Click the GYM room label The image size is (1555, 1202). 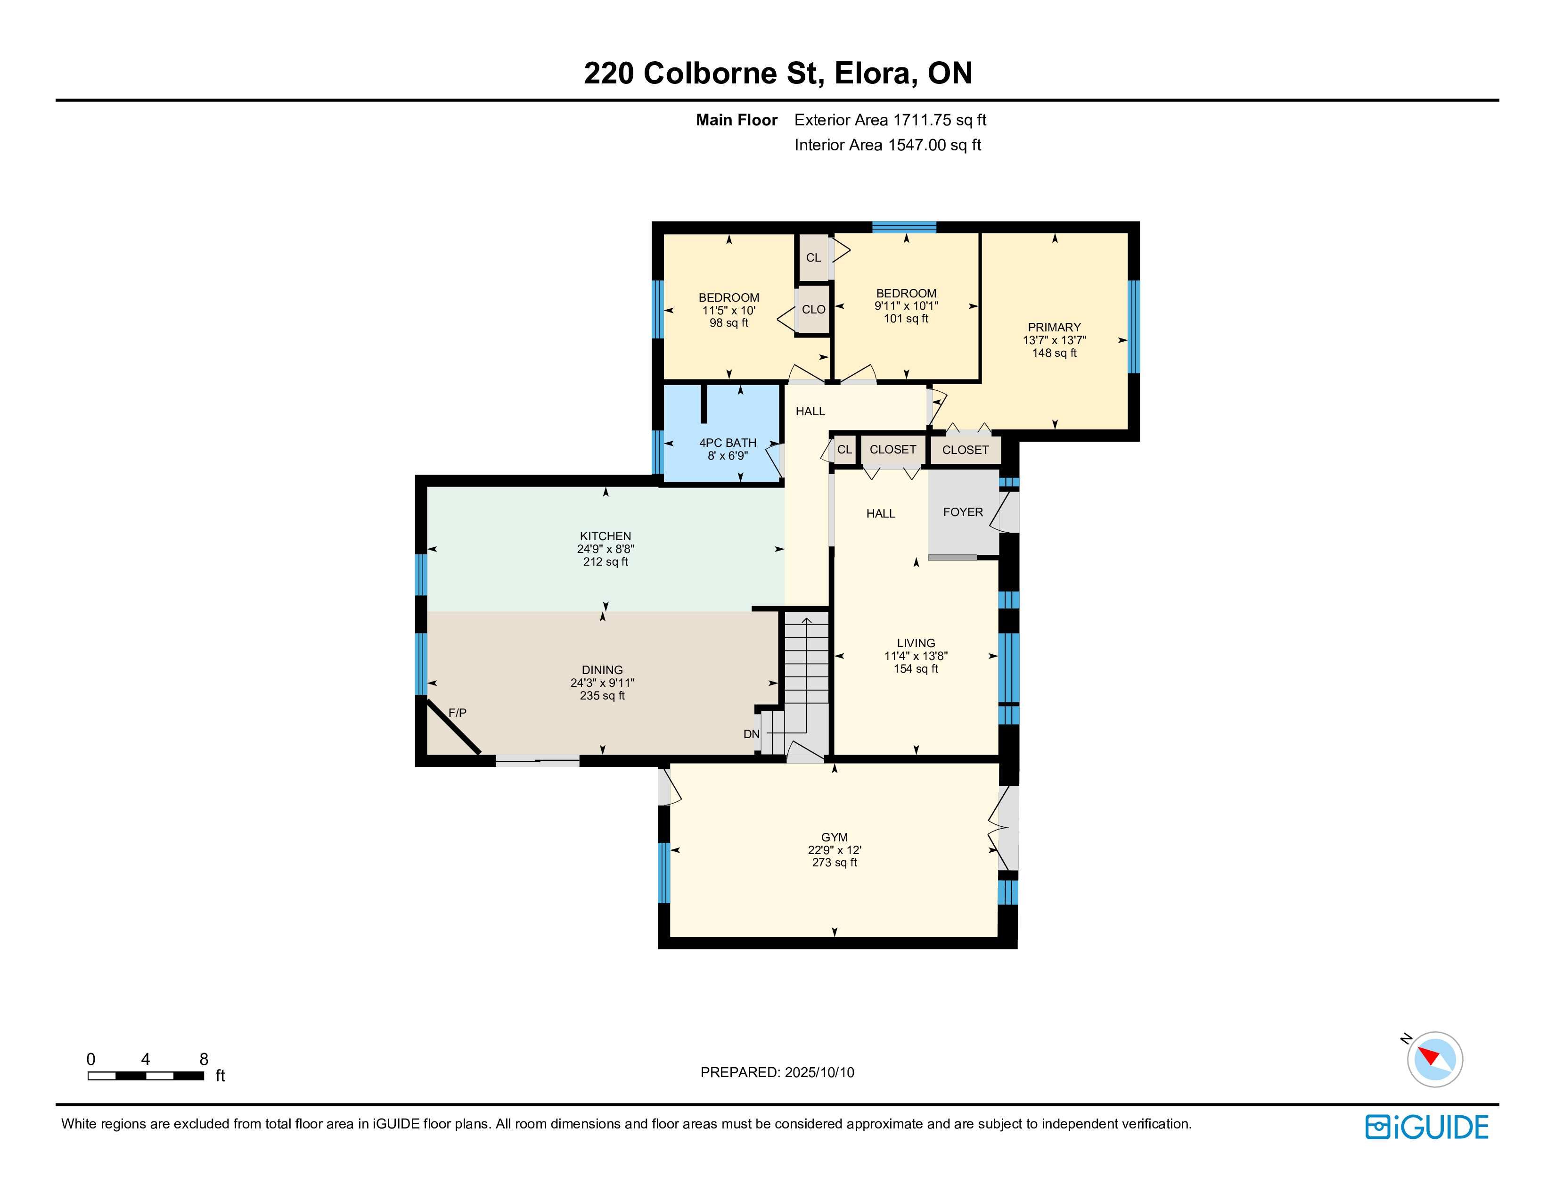[835, 838]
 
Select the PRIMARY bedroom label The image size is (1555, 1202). [1055, 328]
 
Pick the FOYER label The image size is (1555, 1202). [963, 512]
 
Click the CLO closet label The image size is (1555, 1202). [814, 309]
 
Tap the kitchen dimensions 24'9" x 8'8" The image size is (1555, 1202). [605, 549]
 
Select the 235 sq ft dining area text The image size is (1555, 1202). [602, 696]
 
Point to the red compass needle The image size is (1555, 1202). [1429, 1055]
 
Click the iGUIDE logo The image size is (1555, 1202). [1427, 1127]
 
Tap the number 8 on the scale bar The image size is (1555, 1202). [204, 1059]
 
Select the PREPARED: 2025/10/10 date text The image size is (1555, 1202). [777, 1072]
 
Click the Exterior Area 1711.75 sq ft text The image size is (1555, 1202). [890, 120]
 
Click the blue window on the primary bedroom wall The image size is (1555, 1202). [1133, 327]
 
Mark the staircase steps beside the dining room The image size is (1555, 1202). [807, 683]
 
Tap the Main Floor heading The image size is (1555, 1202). [736, 120]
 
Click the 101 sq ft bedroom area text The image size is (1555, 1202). [906, 318]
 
